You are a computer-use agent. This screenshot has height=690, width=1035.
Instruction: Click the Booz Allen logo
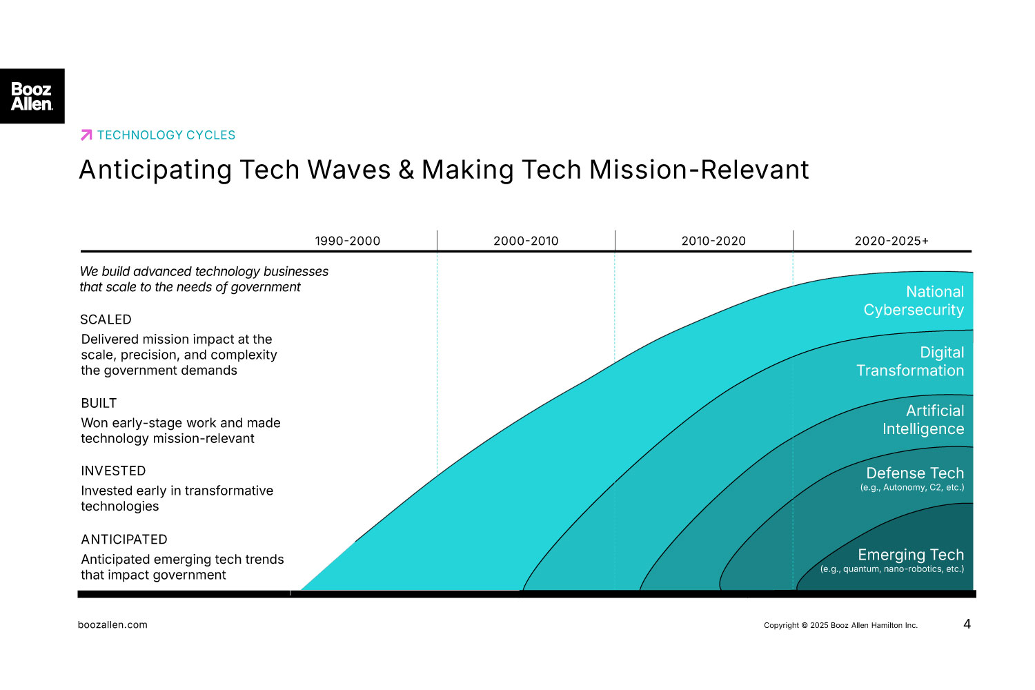pos(32,96)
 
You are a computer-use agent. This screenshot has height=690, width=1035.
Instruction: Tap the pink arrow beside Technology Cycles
pos(86,135)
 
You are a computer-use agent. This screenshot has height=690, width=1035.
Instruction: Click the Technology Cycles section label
pos(166,135)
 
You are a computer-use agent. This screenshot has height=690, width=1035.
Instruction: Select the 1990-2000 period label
pos(347,241)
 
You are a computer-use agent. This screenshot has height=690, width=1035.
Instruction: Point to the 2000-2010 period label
pos(526,241)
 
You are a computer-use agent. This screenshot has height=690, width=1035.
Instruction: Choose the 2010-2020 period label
pos(713,241)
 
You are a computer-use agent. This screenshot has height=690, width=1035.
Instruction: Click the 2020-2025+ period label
pos(891,241)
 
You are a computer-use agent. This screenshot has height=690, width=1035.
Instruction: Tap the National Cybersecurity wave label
pos(914,301)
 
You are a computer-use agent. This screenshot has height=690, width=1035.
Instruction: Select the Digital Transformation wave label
pos(910,362)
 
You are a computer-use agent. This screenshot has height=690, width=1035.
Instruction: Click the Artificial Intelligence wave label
pos(923,420)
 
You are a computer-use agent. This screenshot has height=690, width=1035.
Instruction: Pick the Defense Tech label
pos(915,473)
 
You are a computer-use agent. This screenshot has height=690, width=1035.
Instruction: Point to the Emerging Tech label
pos(911,555)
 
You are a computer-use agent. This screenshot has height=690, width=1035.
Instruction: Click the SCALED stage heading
pos(106,319)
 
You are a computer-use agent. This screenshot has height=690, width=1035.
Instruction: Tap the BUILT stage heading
pos(99,403)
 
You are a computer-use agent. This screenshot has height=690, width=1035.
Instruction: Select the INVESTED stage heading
pos(113,471)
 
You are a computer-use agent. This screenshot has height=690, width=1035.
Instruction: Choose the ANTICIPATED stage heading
pos(124,540)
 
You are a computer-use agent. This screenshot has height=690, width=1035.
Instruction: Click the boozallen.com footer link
pos(112,625)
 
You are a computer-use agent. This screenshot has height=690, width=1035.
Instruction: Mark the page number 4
pos(967,624)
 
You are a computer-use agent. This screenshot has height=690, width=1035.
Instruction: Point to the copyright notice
pos(840,626)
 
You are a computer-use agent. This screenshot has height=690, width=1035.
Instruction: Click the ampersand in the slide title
pos(406,170)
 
